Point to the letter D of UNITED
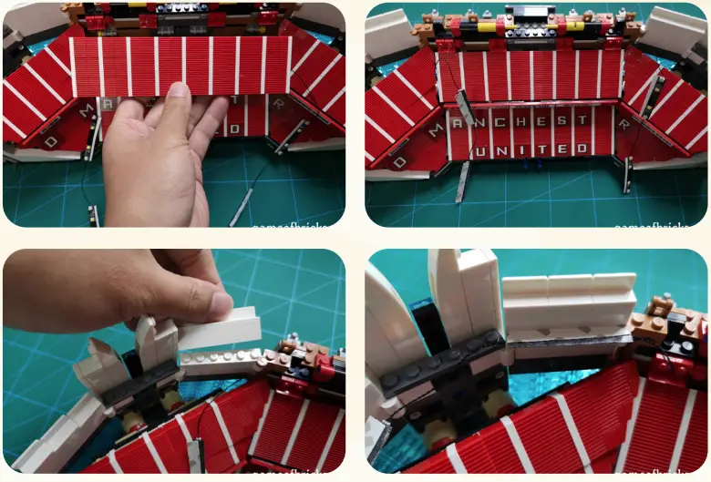[594, 146]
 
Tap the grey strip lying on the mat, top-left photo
[242, 205]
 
